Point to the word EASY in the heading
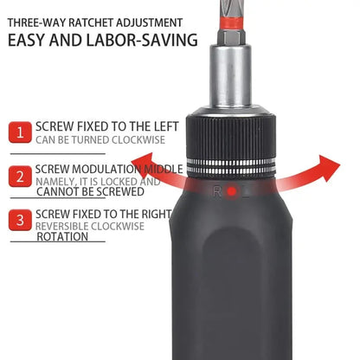[35, 40]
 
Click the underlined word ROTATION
[62, 236]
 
